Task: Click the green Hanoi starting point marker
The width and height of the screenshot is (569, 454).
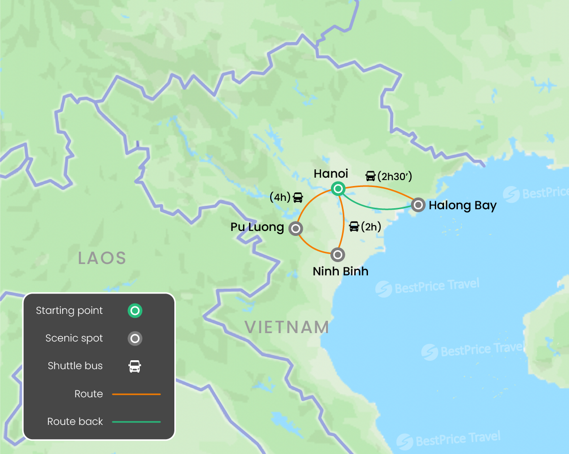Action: [x=338, y=188]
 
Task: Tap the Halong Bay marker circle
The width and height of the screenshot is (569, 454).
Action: [x=418, y=204]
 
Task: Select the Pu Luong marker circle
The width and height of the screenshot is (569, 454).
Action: [x=295, y=228]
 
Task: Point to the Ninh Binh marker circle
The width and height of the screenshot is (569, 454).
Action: [x=338, y=255]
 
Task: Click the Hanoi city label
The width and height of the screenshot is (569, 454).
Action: [x=331, y=174]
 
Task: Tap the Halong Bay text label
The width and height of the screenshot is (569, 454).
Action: [x=462, y=205]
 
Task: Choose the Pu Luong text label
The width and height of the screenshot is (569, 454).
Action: [x=257, y=227]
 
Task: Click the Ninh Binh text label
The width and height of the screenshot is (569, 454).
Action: [x=340, y=271]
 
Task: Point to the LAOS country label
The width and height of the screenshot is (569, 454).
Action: [x=102, y=258]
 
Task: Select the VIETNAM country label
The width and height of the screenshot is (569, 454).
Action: [x=287, y=327]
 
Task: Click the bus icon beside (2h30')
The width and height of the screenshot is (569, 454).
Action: [x=370, y=176]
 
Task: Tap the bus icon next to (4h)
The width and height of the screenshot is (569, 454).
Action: [x=298, y=197]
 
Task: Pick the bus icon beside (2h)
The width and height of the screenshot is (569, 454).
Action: [x=354, y=227]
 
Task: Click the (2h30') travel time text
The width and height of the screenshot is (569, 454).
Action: [x=395, y=176]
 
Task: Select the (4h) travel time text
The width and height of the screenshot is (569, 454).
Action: [x=280, y=197]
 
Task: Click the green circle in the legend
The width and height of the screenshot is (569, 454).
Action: [x=135, y=311]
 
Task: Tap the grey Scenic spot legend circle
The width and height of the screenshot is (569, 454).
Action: [x=135, y=339]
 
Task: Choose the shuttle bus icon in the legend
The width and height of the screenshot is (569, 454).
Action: [x=135, y=366]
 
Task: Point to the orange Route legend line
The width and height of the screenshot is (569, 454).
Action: [x=136, y=394]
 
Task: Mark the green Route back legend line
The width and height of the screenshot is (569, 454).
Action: [x=136, y=422]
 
